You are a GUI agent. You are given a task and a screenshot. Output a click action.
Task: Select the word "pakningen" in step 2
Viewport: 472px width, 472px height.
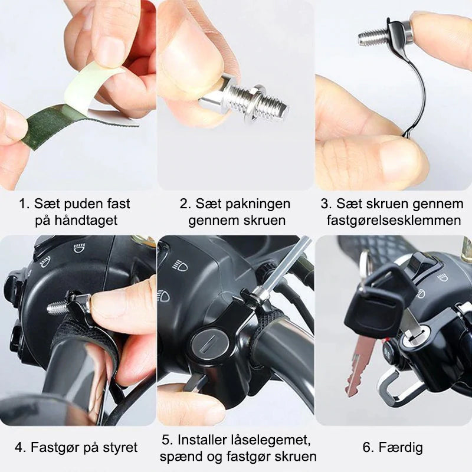point(258,204)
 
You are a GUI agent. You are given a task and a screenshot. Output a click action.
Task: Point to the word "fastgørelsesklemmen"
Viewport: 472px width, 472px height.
point(394,220)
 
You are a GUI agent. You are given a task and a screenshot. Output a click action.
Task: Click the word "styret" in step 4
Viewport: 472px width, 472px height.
point(120,447)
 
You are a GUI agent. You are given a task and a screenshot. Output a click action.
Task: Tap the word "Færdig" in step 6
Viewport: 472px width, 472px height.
point(401,447)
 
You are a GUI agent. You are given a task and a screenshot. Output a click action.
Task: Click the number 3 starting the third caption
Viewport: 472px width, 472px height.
point(325,204)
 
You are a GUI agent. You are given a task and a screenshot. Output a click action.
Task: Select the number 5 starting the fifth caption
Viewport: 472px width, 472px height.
point(166,440)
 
